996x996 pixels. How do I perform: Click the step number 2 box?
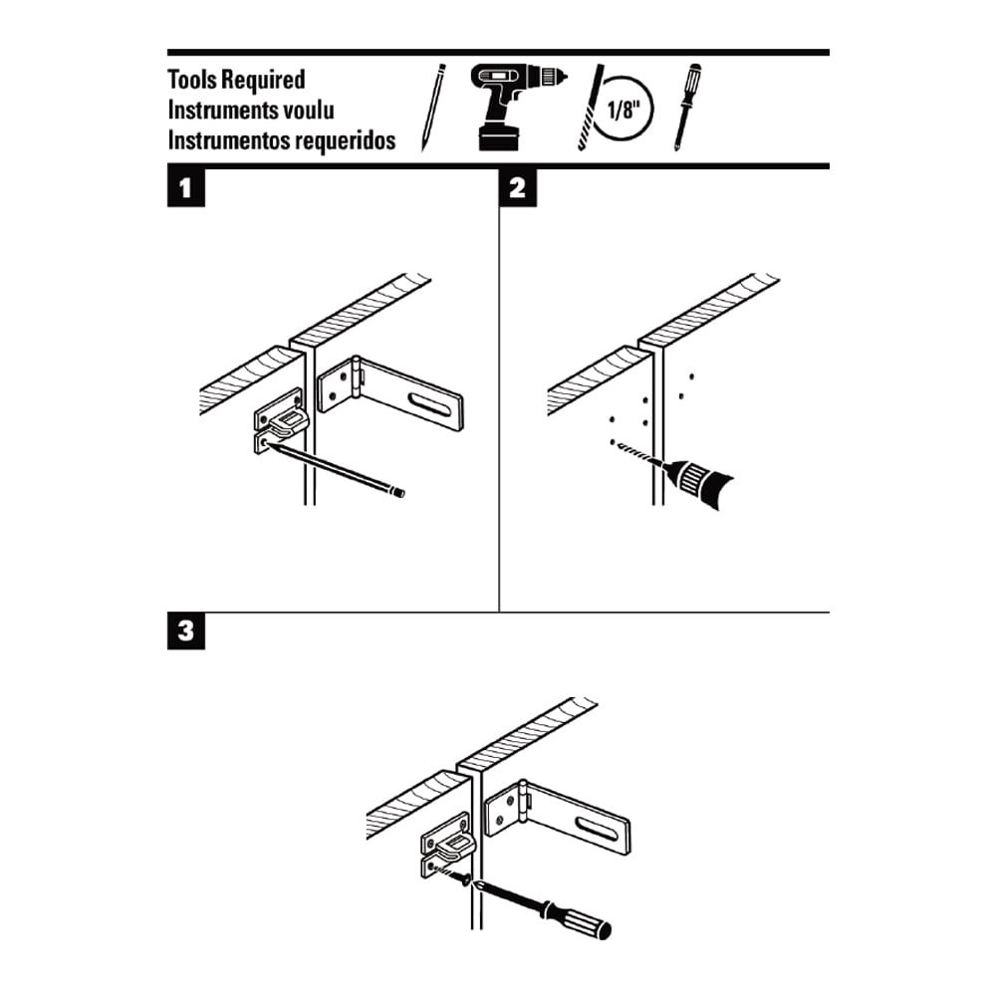(517, 188)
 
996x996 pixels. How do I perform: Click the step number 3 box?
(186, 632)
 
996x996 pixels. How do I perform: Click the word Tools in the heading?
(194, 80)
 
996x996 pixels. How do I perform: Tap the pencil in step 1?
(339, 469)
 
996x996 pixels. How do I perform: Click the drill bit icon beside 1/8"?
(591, 108)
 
